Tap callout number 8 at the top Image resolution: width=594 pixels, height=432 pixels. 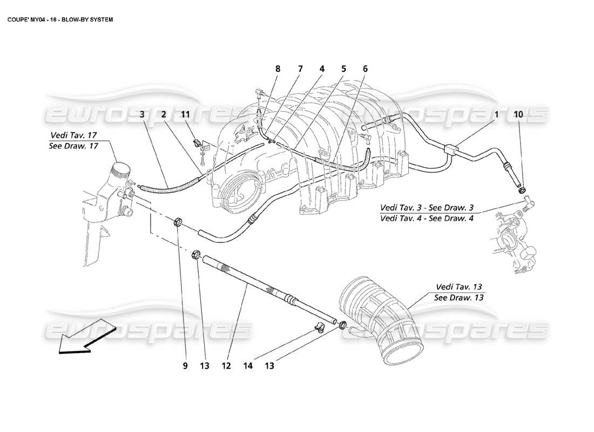click(x=278, y=69)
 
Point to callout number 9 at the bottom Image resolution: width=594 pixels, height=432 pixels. click(x=185, y=366)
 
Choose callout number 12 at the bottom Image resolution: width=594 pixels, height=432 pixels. click(x=226, y=366)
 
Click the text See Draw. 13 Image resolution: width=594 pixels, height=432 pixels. click(x=459, y=298)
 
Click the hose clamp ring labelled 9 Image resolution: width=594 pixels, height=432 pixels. click(x=179, y=222)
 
